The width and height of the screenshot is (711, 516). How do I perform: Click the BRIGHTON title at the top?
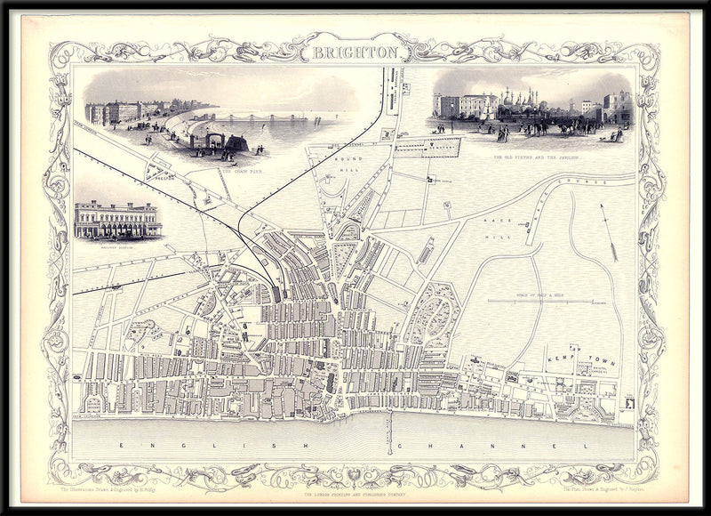(355, 52)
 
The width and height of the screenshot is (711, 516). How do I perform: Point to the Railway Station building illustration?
(118, 220)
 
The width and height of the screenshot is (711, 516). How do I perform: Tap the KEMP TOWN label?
(579, 353)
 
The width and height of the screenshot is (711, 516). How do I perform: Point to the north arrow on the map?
(611, 233)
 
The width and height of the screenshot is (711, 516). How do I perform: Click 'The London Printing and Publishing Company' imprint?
(355, 494)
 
